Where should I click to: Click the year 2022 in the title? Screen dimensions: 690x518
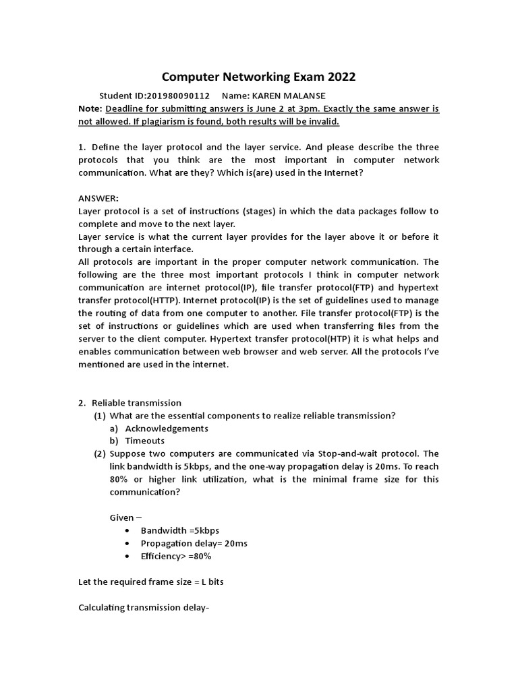(338, 77)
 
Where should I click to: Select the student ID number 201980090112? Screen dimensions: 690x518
(178, 96)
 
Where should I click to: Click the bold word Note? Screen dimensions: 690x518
(90, 108)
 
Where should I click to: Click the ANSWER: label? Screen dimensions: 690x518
(98, 198)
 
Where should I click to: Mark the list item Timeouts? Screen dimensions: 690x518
(144, 441)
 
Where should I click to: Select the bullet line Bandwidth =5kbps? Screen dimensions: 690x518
(179, 531)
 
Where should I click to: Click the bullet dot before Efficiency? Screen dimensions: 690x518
(128, 557)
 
